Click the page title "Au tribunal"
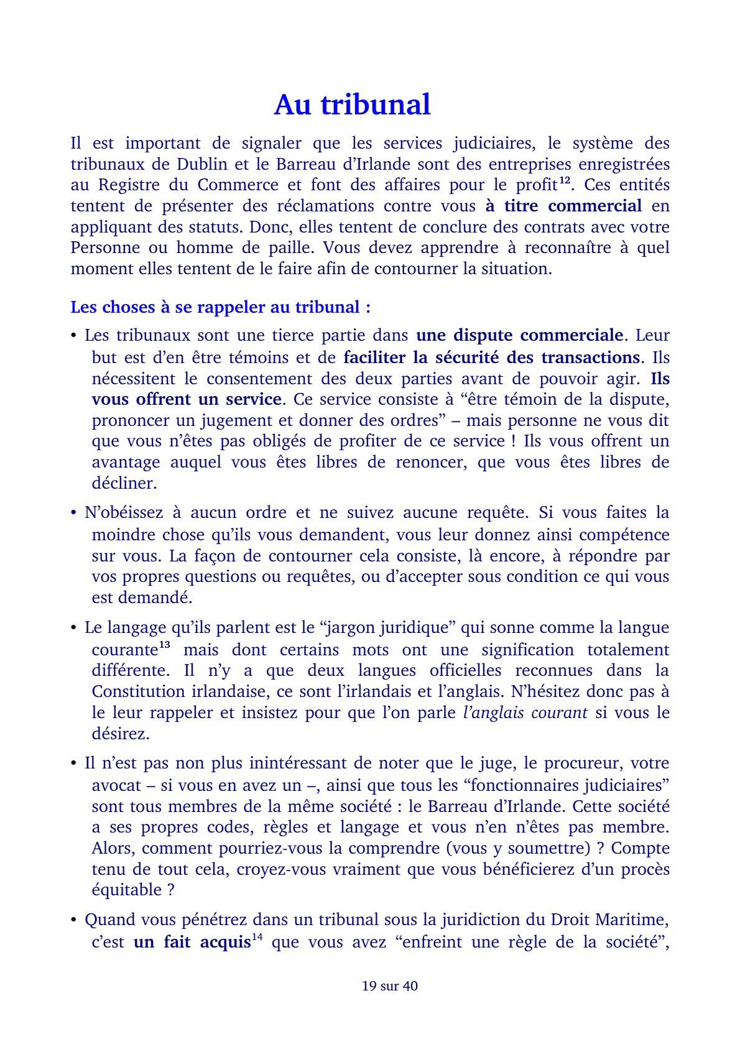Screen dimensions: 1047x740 [352, 104]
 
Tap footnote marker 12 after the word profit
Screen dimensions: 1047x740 [565, 180]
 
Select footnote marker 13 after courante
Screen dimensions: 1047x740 [165, 645]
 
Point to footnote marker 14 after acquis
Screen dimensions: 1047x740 [257, 937]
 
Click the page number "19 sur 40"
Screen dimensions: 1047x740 [389, 985]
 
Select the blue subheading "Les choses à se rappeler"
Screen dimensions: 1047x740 [220, 307]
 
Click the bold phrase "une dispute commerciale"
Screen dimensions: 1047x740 [519, 335]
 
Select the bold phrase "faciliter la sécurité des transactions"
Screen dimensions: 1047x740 [491, 357]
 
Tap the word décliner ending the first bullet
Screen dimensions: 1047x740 [124, 483]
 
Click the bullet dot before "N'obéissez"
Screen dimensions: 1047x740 [73, 514]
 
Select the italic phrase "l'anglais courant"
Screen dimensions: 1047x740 [525, 713]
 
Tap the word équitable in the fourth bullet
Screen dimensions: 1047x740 [126, 890]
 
